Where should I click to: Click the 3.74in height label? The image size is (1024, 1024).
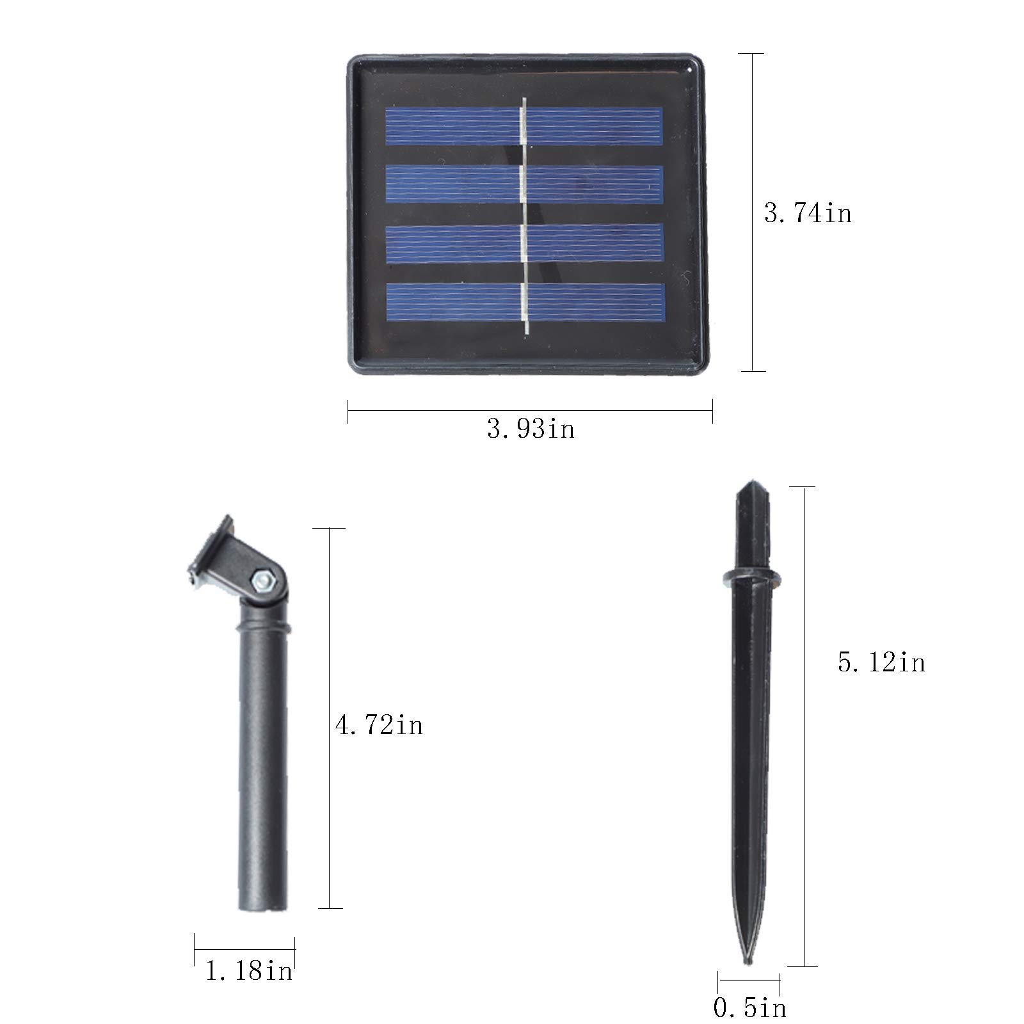(x=808, y=212)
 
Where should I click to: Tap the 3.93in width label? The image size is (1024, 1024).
(x=531, y=429)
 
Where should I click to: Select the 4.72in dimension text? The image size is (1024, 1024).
(x=379, y=725)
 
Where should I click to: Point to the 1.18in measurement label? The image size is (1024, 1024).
(x=249, y=971)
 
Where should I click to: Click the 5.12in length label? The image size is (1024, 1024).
(x=881, y=662)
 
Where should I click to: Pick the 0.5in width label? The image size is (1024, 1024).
(x=749, y=1008)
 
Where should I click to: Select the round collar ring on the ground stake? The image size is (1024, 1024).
(x=751, y=578)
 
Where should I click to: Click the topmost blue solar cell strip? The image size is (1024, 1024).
(x=524, y=126)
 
